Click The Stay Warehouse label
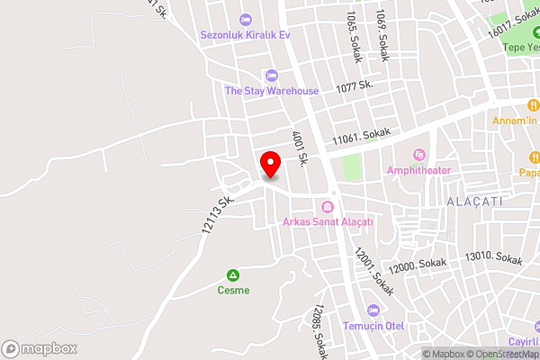point(272,90)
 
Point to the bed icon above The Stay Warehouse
point(272,75)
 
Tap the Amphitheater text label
point(418,170)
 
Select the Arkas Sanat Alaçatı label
point(328,222)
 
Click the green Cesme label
point(233,290)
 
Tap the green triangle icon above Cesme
point(233,274)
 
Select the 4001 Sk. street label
point(300,148)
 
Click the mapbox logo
point(39,348)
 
